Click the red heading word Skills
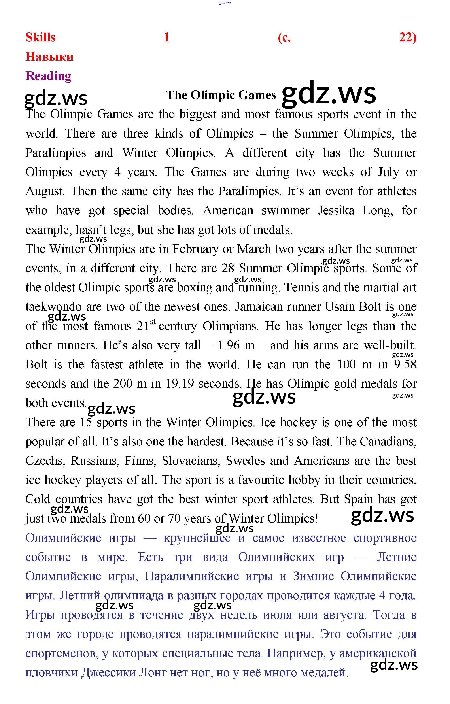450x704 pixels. coord(40,38)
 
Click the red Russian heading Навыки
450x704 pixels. coord(49,57)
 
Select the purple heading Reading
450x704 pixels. coord(49,76)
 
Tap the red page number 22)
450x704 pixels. coord(408,38)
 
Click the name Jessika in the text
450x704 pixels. coord(336,211)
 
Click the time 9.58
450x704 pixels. coord(405,364)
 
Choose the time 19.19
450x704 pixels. coord(180,384)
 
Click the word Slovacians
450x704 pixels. coord(190,461)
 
